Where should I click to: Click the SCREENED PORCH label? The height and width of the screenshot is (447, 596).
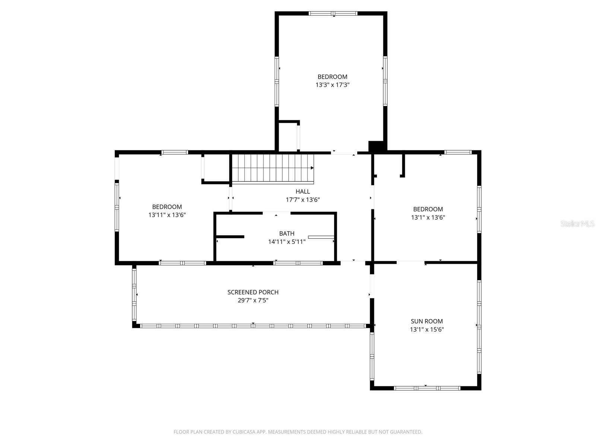point(253,292)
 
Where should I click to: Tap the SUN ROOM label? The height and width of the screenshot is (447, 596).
point(427,321)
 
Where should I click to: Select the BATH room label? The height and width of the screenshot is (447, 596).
point(286,234)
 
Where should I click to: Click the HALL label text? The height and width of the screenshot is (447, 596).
point(302,191)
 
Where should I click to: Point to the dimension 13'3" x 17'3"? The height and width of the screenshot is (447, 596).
point(332,85)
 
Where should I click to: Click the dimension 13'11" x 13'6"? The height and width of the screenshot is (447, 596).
point(167,215)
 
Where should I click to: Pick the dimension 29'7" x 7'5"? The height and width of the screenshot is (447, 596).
point(253,300)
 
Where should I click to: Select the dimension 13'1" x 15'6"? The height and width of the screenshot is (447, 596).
point(427,329)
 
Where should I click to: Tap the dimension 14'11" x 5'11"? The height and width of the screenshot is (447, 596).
point(286,242)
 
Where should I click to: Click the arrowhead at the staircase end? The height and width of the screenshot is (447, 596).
point(312,168)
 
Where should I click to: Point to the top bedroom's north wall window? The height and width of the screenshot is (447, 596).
point(333,14)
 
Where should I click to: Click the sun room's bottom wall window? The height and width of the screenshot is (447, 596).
point(427,388)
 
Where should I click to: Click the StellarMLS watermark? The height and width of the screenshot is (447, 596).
point(577,223)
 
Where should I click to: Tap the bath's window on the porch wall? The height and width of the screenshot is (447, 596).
point(298,263)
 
